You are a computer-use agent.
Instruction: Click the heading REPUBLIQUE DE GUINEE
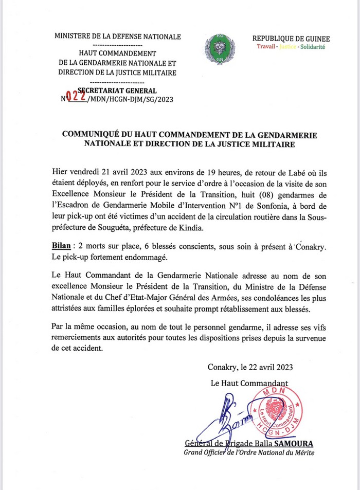click(291, 39)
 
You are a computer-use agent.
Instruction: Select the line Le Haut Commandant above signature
click(249, 383)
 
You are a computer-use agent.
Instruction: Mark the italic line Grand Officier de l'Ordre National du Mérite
click(249, 452)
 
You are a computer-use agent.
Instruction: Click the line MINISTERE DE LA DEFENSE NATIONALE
click(118, 37)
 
